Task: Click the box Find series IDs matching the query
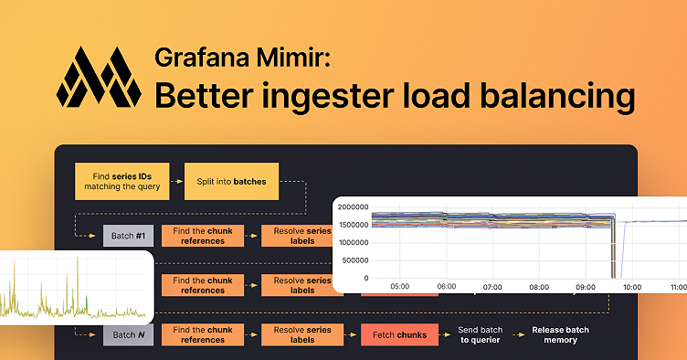[122, 181]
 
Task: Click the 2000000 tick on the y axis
[353, 206]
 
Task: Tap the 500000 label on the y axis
[355, 260]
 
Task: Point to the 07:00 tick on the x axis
[492, 286]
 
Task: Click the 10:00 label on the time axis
[630, 286]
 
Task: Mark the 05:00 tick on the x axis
[399, 286]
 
